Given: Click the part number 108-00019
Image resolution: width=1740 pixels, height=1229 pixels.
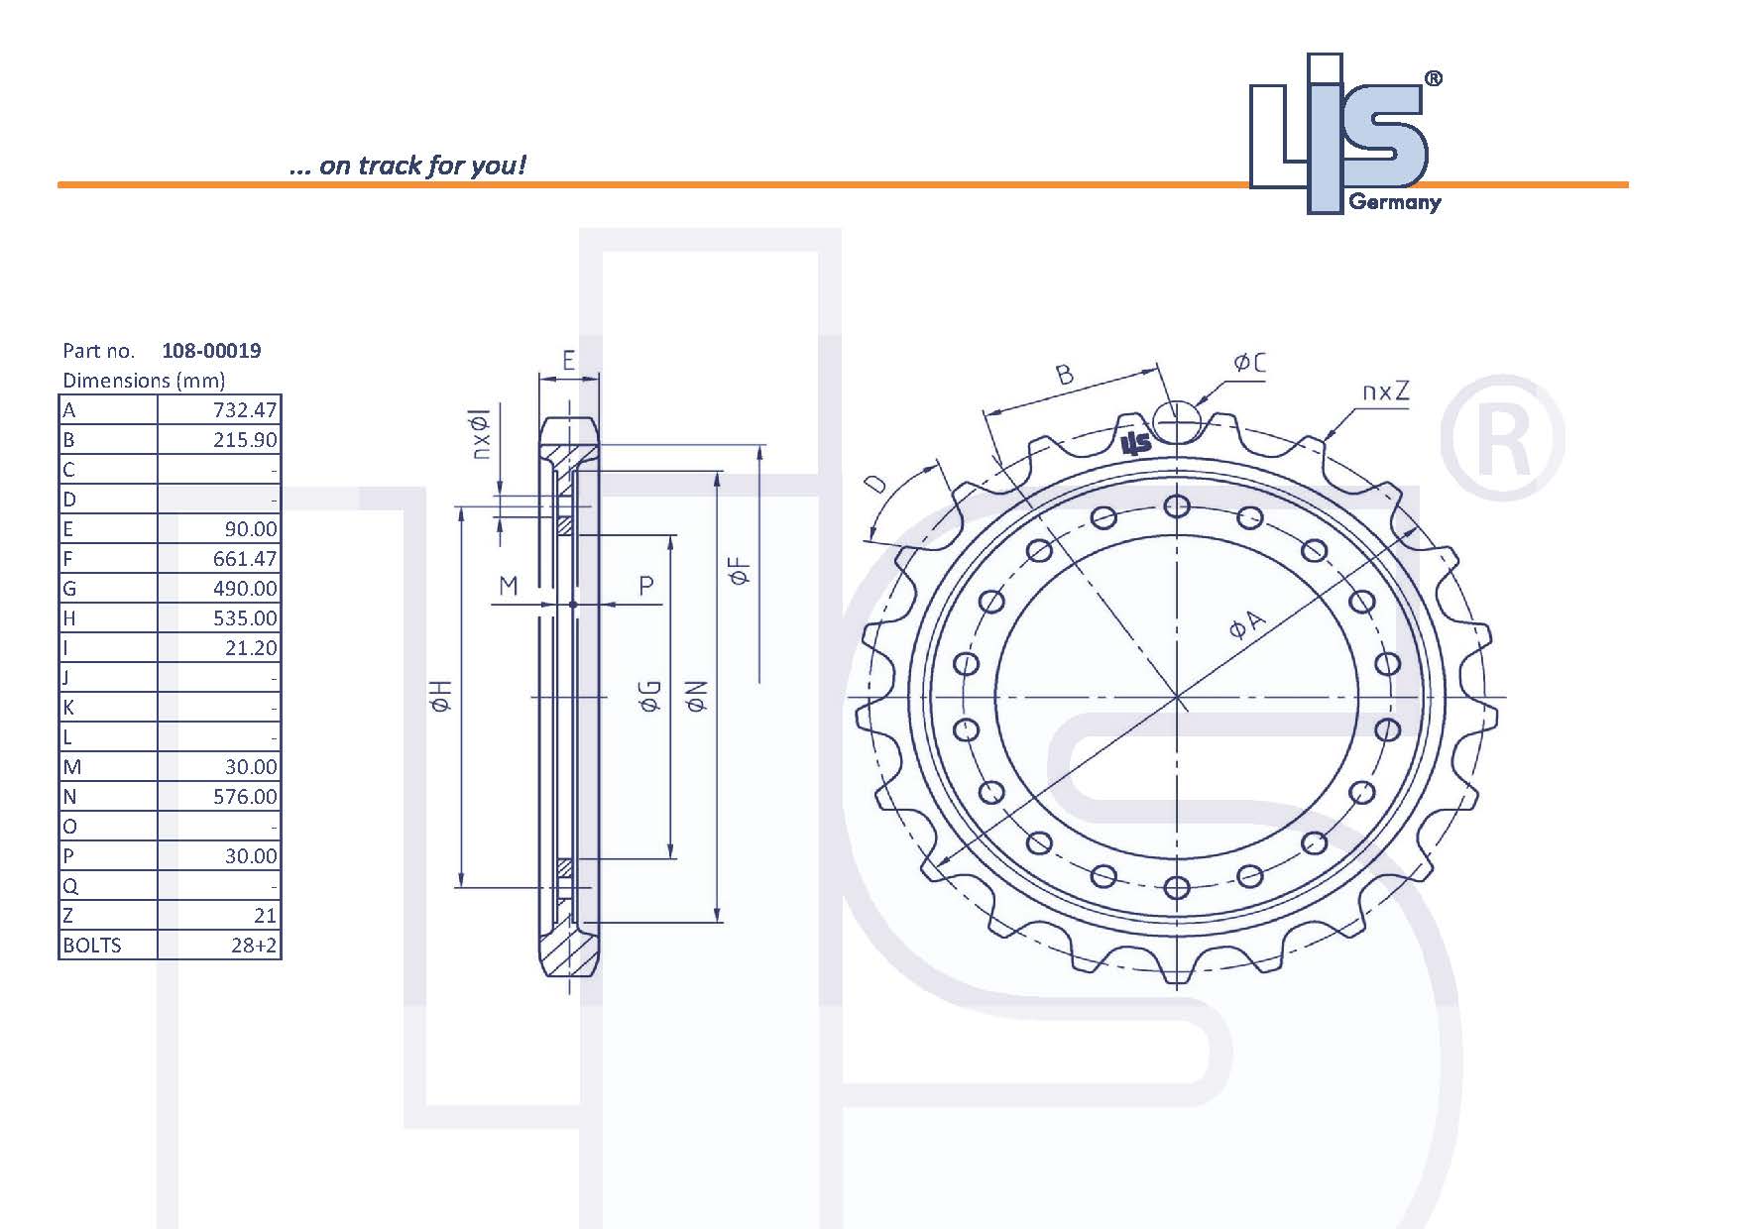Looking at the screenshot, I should (x=211, y=350).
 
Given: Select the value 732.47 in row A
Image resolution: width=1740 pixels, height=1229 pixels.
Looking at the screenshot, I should (x=245, y=410).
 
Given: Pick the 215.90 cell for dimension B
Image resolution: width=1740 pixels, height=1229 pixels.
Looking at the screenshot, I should (x=245, y=440).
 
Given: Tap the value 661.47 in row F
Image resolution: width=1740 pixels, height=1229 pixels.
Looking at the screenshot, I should (x=245, y=559).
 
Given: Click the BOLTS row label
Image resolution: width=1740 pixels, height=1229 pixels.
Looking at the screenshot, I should (x=92, y=946).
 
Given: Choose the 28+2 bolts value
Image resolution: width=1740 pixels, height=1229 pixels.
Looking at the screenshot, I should (x=254, y=946).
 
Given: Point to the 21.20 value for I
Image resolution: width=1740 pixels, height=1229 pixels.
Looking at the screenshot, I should (x=251, y=648).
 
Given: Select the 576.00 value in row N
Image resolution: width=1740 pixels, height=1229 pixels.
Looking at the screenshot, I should (x=245, y=797).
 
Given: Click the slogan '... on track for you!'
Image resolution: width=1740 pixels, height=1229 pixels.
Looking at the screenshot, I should (x=407, y=165).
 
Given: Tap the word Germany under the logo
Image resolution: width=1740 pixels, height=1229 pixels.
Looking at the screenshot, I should (x=1395, y=203).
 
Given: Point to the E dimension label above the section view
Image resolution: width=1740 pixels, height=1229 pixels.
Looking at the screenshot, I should (x=568, y=360).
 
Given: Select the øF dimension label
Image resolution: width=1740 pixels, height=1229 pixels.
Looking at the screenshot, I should (x=740, y=572).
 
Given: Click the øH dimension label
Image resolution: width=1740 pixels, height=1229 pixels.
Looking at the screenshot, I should (x=441, y=696).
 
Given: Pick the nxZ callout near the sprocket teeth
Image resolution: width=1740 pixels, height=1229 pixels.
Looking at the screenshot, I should (x=1385, y=391).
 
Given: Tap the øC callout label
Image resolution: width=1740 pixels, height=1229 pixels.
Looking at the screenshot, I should (x=1249, y=364).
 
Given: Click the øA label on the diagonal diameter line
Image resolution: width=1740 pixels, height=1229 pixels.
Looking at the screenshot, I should (x=1247, y=625).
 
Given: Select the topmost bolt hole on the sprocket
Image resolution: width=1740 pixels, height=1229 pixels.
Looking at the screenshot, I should (x=1177, y=507).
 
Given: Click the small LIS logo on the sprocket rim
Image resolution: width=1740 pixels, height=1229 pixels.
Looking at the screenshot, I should (x=1136, y=443).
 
